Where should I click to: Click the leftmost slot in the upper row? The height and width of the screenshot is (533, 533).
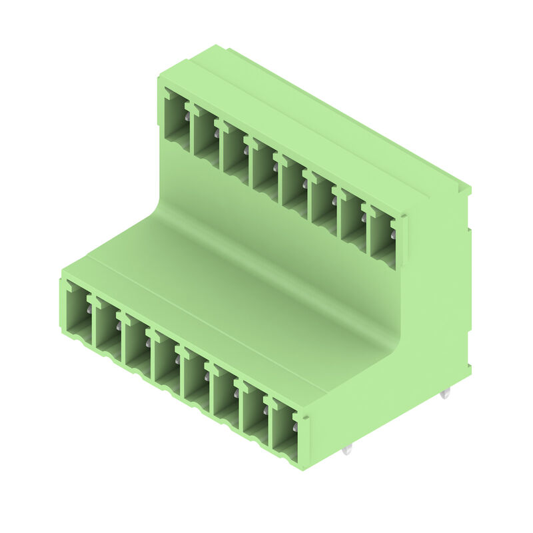pos(177,120)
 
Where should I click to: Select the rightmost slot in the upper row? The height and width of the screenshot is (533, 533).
pos(382,237)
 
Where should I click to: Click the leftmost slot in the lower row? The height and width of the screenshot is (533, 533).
pos(79,310)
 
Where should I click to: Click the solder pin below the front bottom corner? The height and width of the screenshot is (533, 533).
pos(346,450)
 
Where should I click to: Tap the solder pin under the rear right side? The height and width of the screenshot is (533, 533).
pos(445,394)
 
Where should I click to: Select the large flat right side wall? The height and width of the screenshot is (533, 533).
pos(433,300)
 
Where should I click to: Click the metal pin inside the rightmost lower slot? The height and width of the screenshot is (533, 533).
pos(295,426)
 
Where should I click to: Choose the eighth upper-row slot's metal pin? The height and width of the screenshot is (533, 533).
pos(393,235)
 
